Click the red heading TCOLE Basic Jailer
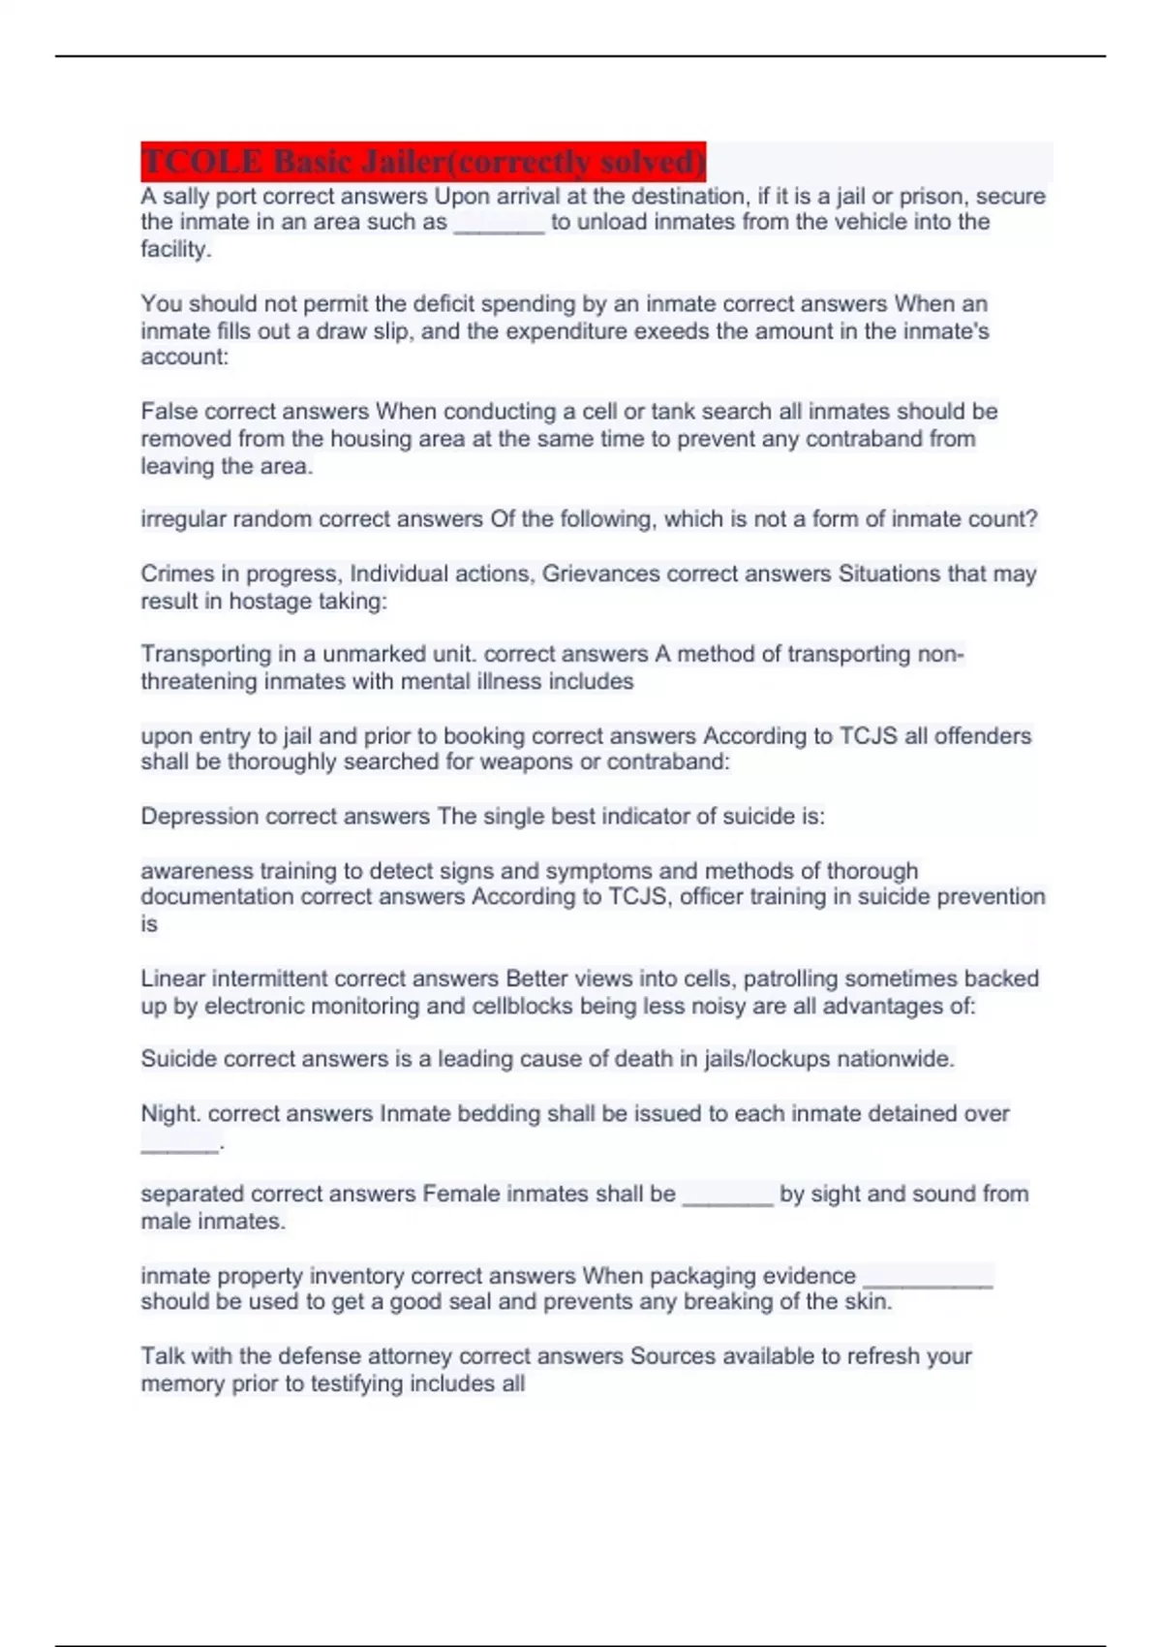423,161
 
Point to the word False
168,412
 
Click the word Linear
172,979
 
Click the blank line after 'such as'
499,225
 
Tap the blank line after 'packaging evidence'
927,1279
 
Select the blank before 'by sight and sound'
727,1198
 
